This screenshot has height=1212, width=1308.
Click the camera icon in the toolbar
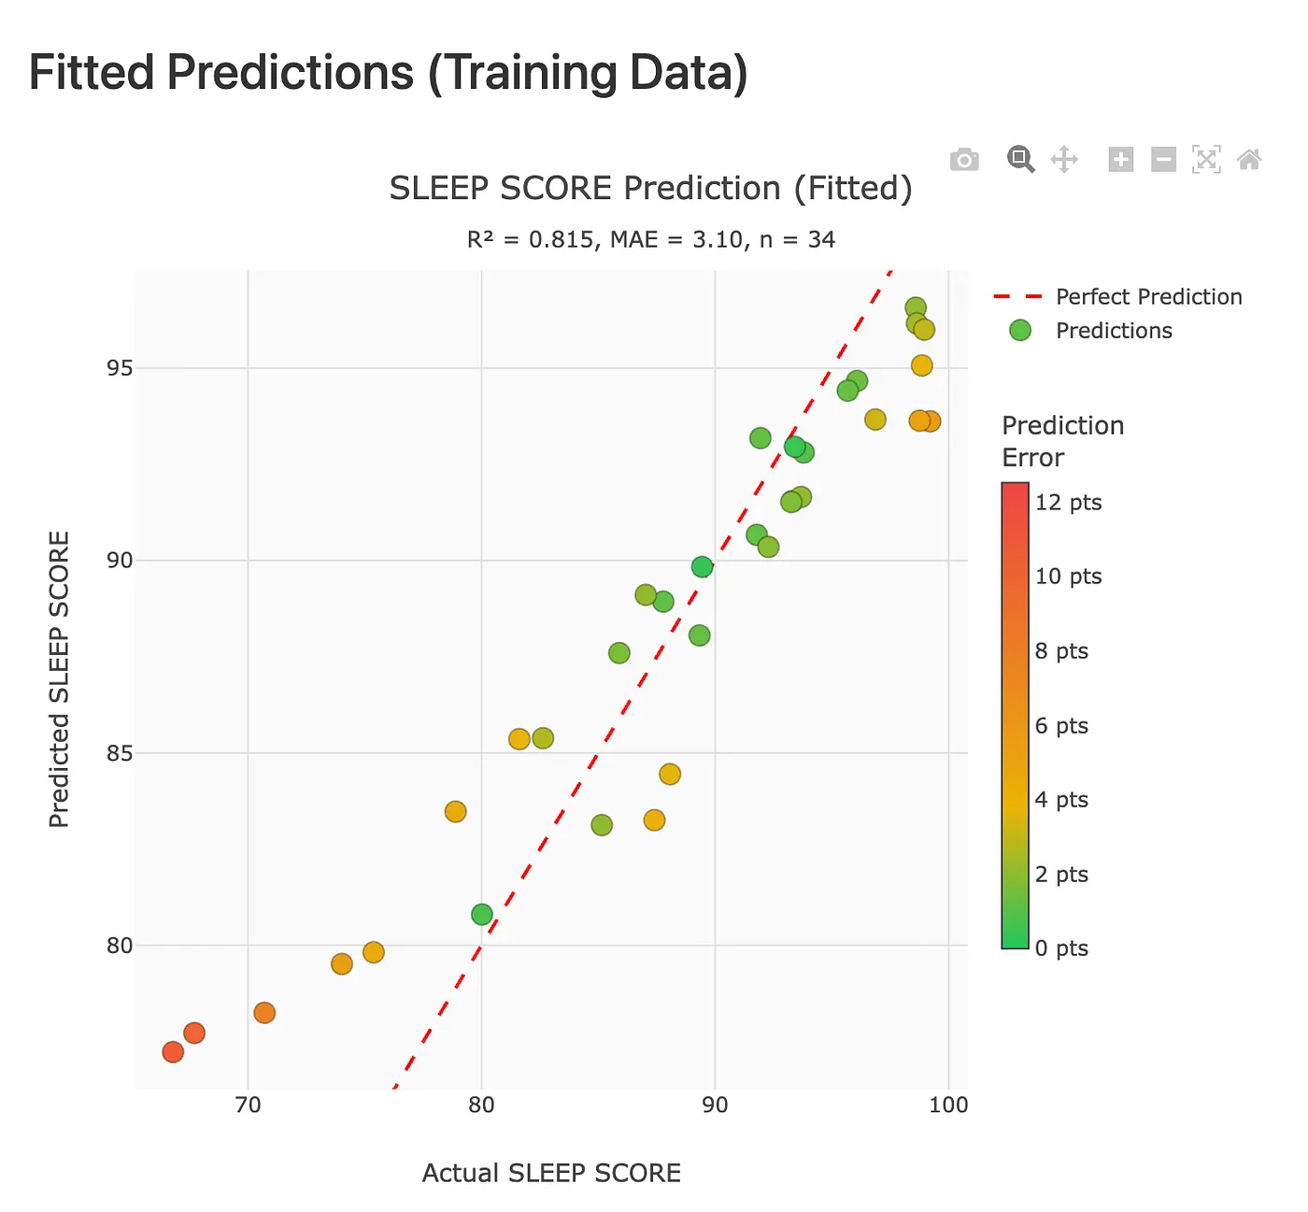point(964,160)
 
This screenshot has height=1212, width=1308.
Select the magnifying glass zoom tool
point(1020,159)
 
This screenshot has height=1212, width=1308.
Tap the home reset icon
point(1249,160)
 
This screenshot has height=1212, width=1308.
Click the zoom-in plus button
point(1120,160)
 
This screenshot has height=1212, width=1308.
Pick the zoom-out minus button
point(1163,160)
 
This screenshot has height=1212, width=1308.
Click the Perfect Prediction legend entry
point(1148,297)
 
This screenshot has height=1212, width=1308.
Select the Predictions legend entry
point(1114,331)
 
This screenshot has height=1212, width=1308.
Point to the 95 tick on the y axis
point(120,368)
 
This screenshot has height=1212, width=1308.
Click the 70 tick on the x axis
point(248,1105)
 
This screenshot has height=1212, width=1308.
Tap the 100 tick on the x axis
point(948,1105)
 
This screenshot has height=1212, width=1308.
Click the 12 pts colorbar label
point(1068,503)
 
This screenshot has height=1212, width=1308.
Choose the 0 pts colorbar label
point(1061,948)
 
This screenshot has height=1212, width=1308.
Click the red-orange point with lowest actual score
point(173,1052)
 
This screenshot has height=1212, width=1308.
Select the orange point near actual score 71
point(264,1013)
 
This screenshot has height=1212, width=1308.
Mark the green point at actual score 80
point(482,914)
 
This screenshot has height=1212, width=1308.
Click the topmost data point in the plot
point(916,307)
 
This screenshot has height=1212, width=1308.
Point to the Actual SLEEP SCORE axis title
point(551,1173)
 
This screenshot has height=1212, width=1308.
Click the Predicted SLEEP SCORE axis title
point(60,679)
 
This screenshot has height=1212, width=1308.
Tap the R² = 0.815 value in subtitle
point(529,240)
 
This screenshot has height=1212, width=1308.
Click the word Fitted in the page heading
point(91,73)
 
